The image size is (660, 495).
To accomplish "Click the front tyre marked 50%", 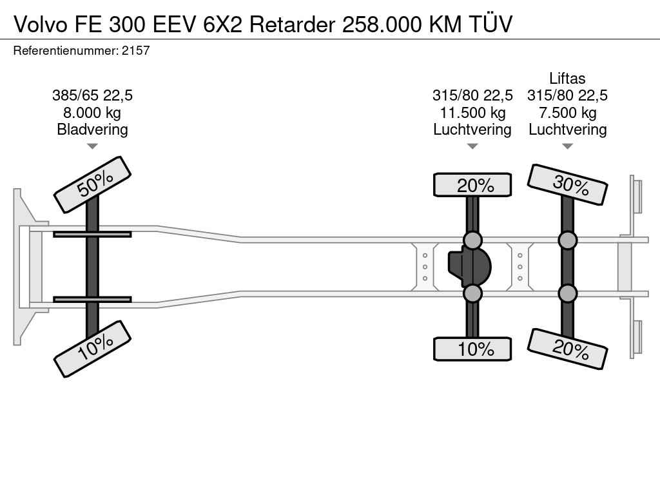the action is coord(92,184).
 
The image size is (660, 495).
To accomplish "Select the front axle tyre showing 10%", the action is coord(92,349).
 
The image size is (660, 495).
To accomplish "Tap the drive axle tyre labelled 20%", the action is coord(472,185).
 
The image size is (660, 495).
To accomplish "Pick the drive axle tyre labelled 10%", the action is coord(472,349).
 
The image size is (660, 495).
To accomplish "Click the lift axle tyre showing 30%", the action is coord(567,184).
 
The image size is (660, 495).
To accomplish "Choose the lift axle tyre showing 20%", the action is coord(567,349).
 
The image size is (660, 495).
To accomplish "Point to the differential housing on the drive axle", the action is coord(469,267).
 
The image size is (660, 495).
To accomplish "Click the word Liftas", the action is coord(567,78).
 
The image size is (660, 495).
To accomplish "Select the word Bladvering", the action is coord(92,130).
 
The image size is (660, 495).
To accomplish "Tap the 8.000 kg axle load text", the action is coord(92,112).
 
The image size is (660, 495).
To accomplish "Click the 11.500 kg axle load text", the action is coord(472,112).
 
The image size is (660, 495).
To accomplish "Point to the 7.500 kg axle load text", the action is coord(567,112).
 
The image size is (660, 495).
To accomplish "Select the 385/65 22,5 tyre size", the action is coord(92,95).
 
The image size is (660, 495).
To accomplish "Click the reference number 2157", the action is coord(135,51).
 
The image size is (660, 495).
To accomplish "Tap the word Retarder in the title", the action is coord(292,24).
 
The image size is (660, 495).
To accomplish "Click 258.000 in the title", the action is coord(382,24).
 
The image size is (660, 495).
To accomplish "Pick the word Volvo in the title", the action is coord(41,24).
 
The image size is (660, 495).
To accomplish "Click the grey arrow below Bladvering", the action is coord(92,146).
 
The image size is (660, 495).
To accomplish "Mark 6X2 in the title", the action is coord(223,24).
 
